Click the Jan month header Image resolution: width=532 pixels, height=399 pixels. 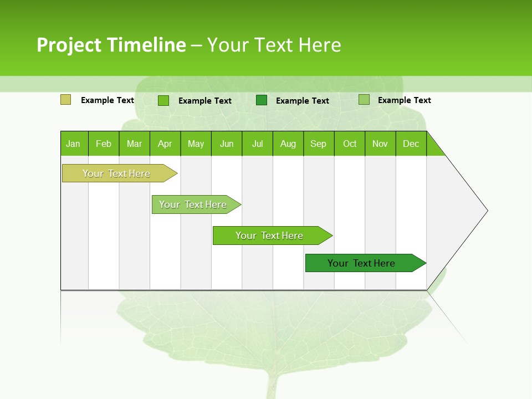tap(73, 144)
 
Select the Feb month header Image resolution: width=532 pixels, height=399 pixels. tap(104, 144)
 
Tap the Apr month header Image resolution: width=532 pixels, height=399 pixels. tap(165, 144)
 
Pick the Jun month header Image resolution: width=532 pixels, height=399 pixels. tap(227, 144)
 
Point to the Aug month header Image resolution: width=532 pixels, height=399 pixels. tap(288, 144)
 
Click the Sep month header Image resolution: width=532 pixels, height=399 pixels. tap(318, 144)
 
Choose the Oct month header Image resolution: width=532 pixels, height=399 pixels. tap(350, 144)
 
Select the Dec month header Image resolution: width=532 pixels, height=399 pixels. tap(411, 144)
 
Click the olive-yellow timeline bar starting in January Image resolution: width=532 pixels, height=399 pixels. tap(116, 173)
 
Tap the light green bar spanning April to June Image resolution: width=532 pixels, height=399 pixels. tap(193, 204)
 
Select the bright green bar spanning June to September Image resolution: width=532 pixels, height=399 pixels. tap(269, 236)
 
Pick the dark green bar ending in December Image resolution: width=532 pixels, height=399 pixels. tap(361, 263)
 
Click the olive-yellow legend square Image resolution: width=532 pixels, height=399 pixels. tap(65, 100)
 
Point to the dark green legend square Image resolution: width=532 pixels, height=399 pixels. tap(262, 100)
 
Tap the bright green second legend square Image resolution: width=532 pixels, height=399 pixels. tap(163, 100)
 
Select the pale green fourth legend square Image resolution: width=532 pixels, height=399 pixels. tap(364, 100)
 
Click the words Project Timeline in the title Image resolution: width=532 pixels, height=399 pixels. tap(111, 45)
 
